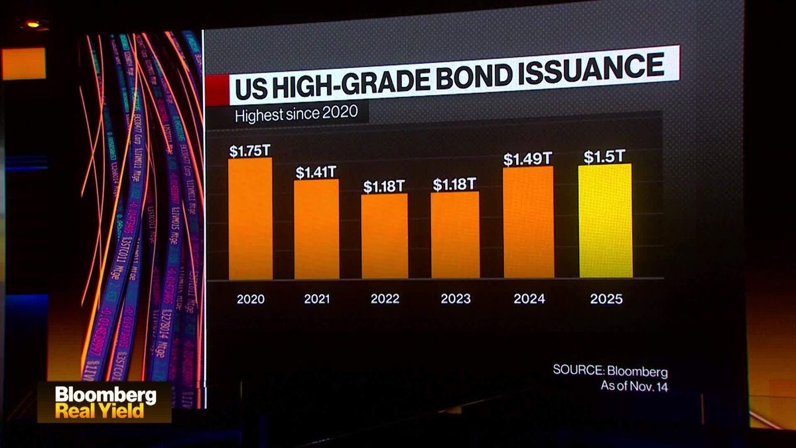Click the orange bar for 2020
point(251,219)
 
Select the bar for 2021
point(316,229)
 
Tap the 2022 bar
point(385,236)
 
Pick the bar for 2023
point(455,235)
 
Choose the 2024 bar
point(529,222)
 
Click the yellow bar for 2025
point(606,221)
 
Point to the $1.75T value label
point(250,151)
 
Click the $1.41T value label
point(316,173)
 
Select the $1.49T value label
point(527,159)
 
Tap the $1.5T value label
point(604,157)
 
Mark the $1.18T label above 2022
point(384,187)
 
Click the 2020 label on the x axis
point(251,299)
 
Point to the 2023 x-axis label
point(455,299)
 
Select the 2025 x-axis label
point(606,299)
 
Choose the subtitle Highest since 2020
point(297,114)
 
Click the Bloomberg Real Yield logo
point(105,402)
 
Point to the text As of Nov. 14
point(634,386)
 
